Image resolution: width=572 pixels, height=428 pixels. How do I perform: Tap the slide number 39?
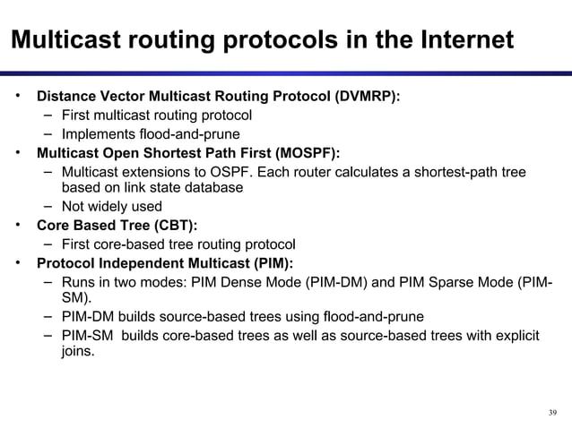(x=551, y=412)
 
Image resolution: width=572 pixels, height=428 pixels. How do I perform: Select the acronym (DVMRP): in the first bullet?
(x=368, y=96)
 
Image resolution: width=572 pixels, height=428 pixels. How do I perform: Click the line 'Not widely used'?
(x=111, y=207)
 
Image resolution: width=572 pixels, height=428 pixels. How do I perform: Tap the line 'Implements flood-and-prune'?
(x=143, y=133)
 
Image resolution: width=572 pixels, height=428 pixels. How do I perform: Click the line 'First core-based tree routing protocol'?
(x=178, y=244)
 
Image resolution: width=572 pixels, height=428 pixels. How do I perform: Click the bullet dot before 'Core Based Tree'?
(x=17, y=225)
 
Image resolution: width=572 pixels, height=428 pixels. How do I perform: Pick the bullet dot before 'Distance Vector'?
(x=17, y=95)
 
